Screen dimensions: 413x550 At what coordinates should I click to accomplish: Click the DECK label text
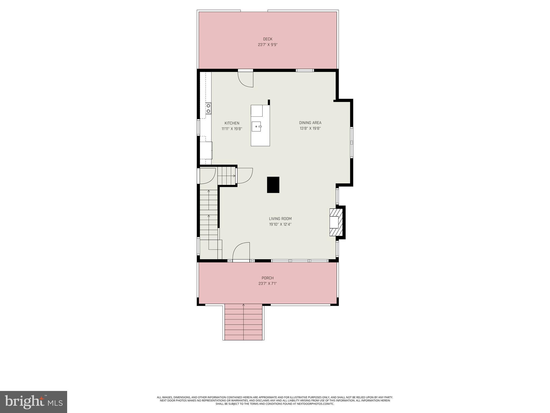267,39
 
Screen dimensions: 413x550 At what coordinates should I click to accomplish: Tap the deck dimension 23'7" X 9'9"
267,45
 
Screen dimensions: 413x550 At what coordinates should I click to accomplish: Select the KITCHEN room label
232,123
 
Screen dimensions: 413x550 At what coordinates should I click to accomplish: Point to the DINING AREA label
310,123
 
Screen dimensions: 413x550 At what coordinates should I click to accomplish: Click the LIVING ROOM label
280,219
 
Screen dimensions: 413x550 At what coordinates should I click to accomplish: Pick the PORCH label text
267,278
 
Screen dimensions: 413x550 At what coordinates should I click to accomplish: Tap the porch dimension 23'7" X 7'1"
267,284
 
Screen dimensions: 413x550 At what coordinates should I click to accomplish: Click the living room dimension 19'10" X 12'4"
280,224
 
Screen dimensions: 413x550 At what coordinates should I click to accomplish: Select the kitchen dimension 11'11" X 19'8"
232,129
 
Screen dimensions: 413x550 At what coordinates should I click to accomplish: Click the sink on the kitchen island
256,126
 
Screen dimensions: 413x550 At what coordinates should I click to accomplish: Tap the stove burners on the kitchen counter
208,108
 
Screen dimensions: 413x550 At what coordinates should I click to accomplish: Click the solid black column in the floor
273,185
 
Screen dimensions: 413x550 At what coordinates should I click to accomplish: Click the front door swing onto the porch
241,252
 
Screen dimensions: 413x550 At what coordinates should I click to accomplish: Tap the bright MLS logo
34,402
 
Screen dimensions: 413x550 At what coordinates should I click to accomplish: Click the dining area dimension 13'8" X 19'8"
310,129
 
